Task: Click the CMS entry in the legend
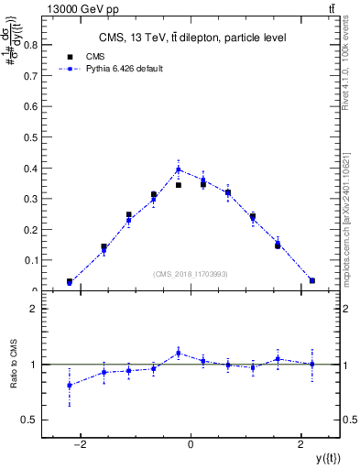point(95,56)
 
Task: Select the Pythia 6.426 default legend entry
point(116,68)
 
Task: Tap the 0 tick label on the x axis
point(191,445)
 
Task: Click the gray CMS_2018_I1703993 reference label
point(191,275)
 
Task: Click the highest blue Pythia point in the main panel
point(179,169)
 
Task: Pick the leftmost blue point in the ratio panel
point(70,385)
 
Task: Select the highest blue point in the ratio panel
point(179,353)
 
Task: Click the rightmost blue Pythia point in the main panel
point(312,280)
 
